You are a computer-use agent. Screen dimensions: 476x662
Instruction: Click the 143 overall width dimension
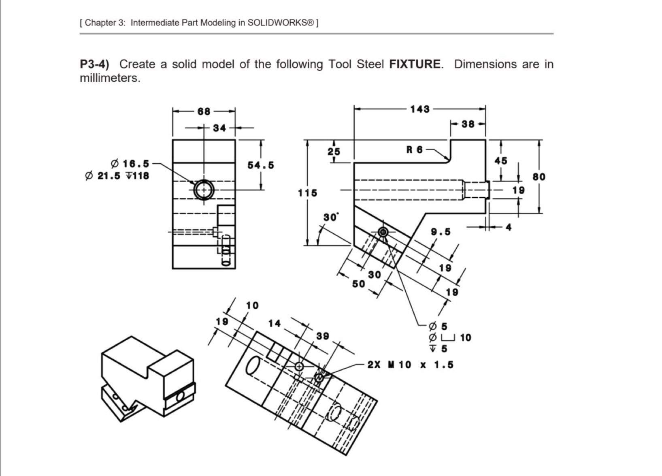pyautogui.click(x=419, y=109)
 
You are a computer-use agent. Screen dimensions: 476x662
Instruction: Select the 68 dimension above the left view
pyautogui.click(x=204, y=111)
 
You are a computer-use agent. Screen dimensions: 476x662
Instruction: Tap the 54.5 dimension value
pyautogui.click(x=260, y=165)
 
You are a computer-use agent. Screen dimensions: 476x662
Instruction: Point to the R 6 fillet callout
pyautogui.click(x=414, y=149)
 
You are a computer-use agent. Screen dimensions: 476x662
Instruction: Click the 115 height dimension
pyautogui.click(x=308, y=193)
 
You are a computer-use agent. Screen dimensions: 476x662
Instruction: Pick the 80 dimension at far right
pyautogui.click(x=539, y=177)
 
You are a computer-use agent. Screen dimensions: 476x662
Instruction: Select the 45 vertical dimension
pyautogui.click(x=501, y=160)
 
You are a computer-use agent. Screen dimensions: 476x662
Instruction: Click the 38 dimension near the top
pyautogui.click(x=468, y=124)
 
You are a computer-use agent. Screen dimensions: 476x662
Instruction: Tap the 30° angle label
pyautogui.click(x=330, y=217)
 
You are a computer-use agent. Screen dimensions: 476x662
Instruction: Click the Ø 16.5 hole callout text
pyautogui.click(x=131, y=164)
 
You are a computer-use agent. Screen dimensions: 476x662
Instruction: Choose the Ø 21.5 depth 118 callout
pyautogui.click(x=117, y=176)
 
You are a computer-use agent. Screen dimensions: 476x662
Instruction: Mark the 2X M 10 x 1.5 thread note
pyautogui.click(x=410, y=365)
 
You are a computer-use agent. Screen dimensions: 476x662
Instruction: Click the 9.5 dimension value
pyautogui.click(x=441, y=232)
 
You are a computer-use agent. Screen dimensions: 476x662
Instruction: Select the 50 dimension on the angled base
pyautogui.click(x=358, y=284)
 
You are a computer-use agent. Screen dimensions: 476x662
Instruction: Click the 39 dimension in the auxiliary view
pyautogui.click(x=323, y=336)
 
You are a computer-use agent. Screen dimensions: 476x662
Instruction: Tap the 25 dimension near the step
pyautogui.click(x=334, y=152)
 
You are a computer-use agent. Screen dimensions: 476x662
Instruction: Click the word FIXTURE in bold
pyautogui.click(x=415, y=64)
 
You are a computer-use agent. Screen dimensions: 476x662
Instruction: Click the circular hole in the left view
pyautogui.click(x=204, y=190)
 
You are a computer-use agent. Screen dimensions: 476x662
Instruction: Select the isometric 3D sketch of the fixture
pyautogui.click(x=148, y=379)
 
